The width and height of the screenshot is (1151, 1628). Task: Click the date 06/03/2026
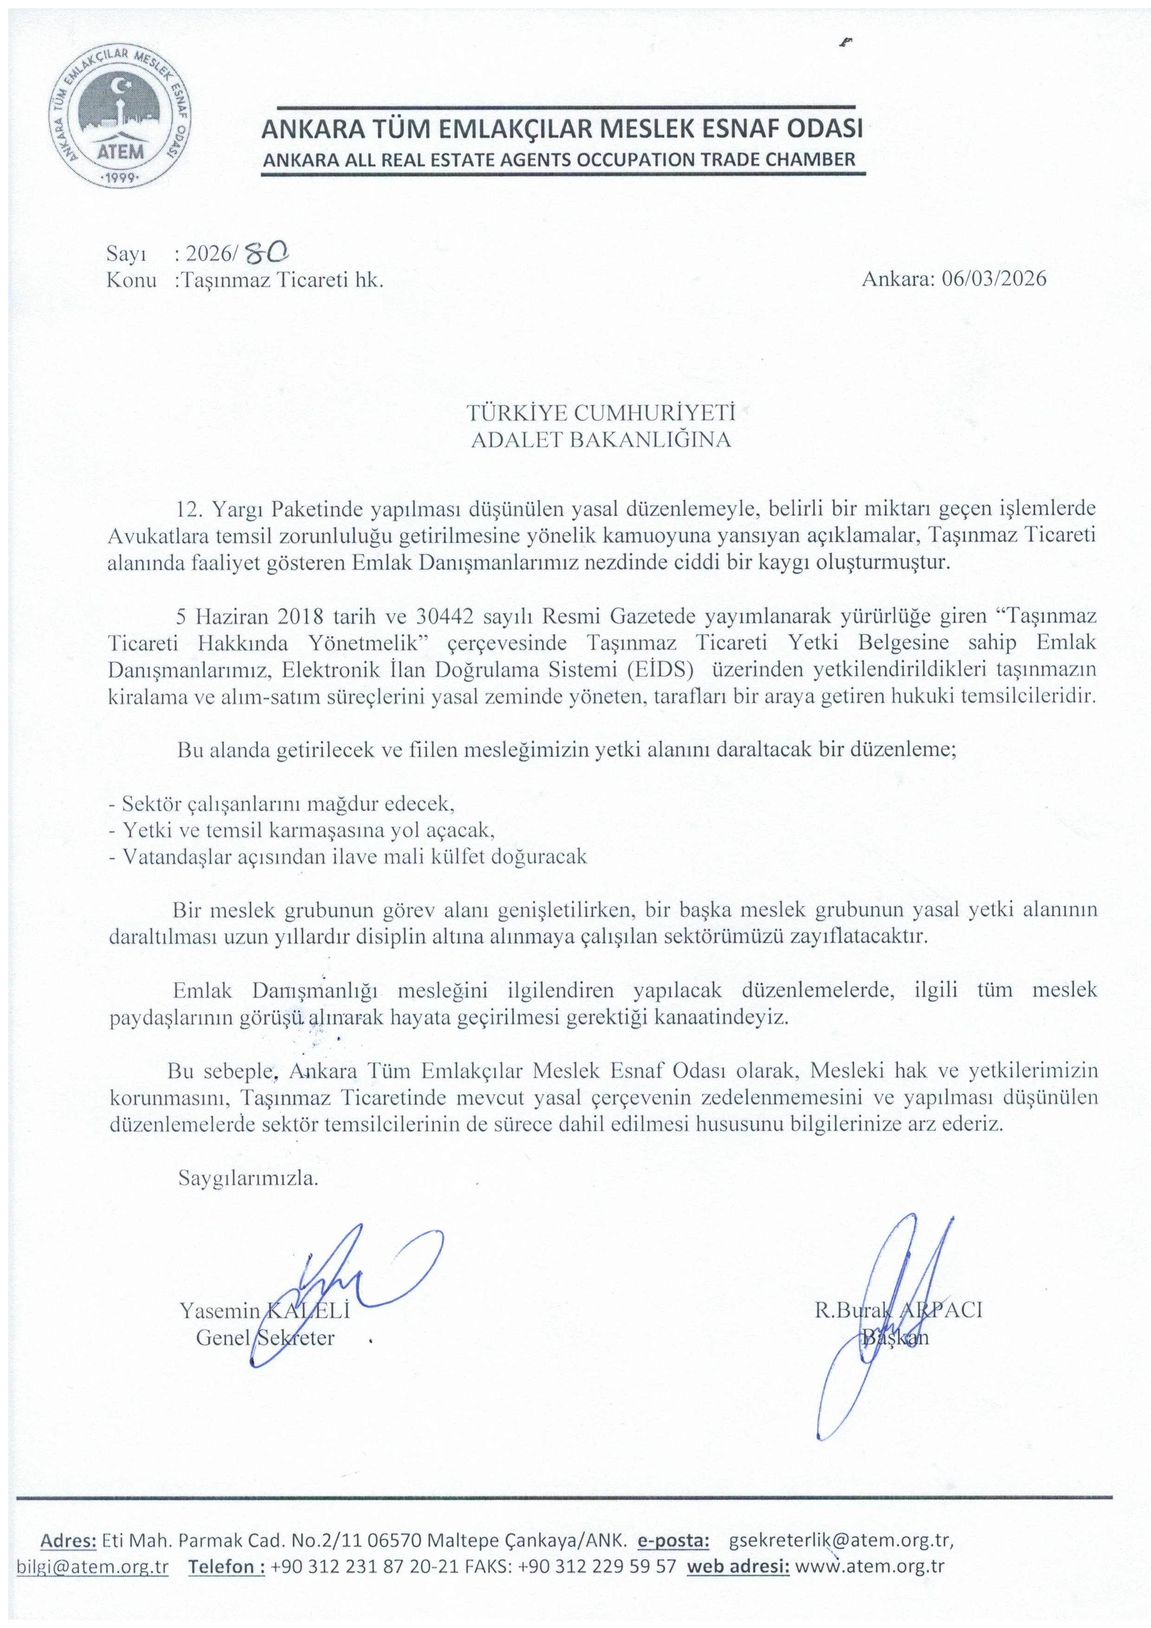[994, 278]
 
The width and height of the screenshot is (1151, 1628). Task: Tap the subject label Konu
[131, 279]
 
